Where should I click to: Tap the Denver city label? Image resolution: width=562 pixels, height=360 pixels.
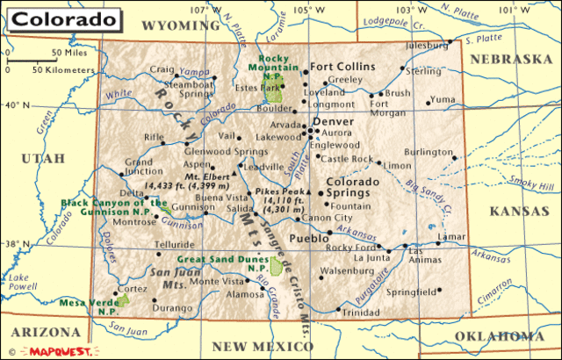pyautogui.click(x=333, y=121)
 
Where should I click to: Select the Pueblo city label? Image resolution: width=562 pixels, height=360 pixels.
pyautogui.click(x=308, y=238)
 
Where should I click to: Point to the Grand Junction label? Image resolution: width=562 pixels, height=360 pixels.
pyautogui.click(x=139, y=167)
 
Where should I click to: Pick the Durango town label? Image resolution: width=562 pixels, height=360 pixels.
pyautogui.click(x=171, y=308)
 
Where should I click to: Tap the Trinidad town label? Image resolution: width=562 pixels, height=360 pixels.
pyautogui.click(x=361, y=312)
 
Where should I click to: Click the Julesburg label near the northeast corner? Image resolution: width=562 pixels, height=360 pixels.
pyautogui.click(x=427, y=45)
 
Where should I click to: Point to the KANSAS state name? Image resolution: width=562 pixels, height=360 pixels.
pyautogui.click(x=518, y=211)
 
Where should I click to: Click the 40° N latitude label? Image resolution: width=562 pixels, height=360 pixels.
pyautogui.click(x=18, y=105)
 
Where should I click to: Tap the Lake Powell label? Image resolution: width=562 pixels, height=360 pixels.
pyautogui.click(x=18, y=282)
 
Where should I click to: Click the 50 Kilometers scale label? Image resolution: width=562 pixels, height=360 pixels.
pyautogui.click(x=62, y=68)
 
